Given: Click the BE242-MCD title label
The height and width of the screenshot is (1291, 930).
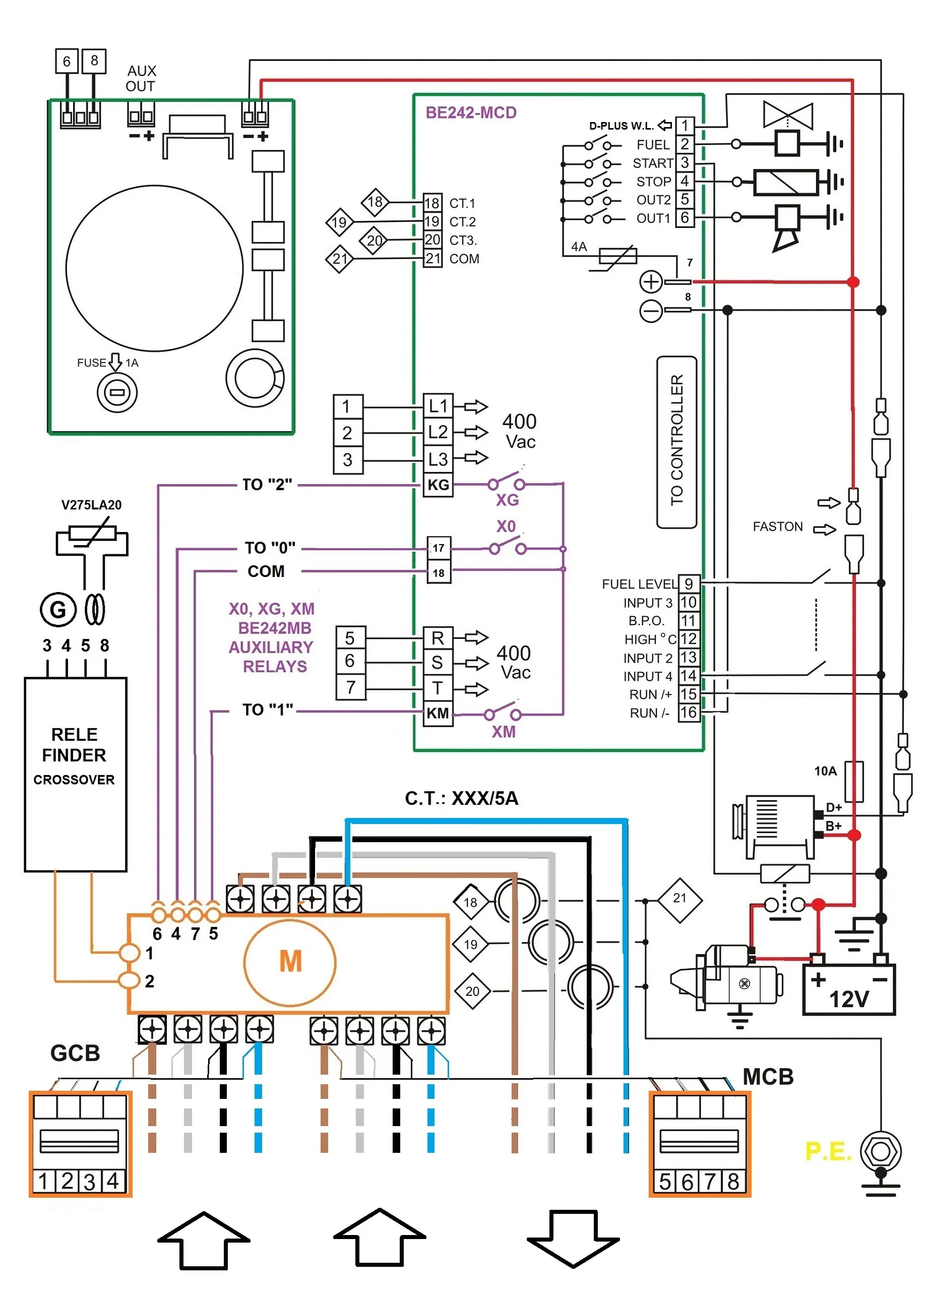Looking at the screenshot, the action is (471, 112).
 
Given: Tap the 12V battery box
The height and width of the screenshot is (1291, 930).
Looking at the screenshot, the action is (849, 989).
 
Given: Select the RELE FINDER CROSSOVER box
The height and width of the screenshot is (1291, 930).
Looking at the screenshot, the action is (75, 774).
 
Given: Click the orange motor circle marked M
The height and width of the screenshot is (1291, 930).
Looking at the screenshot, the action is (290, 962).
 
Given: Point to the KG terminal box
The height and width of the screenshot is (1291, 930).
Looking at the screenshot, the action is (438, 485).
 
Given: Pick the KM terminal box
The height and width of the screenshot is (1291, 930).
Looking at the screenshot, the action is (438, 713).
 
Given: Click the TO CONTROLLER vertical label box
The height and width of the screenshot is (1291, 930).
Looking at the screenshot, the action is (676, 442).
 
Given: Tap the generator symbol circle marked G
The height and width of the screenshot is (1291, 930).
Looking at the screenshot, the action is (58, 609).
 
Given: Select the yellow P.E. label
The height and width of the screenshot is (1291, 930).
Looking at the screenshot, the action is (828, 1151).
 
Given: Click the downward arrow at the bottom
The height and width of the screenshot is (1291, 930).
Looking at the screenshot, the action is (573, 1239).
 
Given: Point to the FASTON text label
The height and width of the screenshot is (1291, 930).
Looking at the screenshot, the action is (778, 526).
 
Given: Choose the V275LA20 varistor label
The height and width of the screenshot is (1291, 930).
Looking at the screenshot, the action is (92, 505).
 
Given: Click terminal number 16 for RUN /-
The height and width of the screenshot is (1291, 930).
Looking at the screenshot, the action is (688, 713).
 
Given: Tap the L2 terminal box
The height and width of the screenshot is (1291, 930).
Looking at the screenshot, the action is (438, 432).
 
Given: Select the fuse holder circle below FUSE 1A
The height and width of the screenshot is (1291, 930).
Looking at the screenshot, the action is (117, 392).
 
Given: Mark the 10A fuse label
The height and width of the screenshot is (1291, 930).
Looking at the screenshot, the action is (825, 771).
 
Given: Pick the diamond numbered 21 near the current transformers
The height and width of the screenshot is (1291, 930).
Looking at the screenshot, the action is (679, 901).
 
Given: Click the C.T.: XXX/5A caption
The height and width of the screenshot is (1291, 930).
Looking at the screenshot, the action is (461, 798).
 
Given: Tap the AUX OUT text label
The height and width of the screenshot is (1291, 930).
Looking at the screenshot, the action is (141, 79).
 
